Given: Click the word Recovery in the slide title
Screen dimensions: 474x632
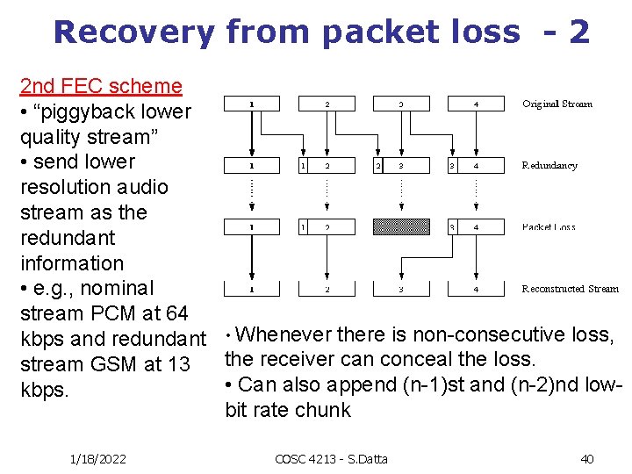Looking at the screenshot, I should pyautogui.click(x=133, y=32).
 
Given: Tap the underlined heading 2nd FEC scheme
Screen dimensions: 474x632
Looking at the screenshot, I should pyautogui.click(x=101, y=86).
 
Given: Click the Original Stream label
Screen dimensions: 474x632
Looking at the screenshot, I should pyautogui.click(x=557, y=104).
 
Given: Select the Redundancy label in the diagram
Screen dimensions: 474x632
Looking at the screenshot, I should pyautogui.click(x=549, y=165).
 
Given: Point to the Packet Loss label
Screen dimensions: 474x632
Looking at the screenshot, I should pyautogui.click(x=549, y=227).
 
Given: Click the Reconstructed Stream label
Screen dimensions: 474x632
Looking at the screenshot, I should pyautogui.click(x=570, y=289).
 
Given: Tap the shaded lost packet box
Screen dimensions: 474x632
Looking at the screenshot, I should pyautogui.click(x=402, y=227).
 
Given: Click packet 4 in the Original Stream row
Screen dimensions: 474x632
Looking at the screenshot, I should pyautogui.click(x=477, y=104).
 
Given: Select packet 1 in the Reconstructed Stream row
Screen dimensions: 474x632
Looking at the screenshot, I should pyautogui.click(x=252, y=289).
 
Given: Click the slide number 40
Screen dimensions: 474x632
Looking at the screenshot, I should pyautogui.click(x=586, y=458).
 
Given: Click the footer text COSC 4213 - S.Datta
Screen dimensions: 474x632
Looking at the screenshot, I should pyautogui.click(x=331, y=458).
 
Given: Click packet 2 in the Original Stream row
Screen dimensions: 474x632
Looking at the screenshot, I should pyautogui.click(x=327, y=104).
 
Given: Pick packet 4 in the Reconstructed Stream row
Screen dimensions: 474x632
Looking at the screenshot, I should pyautogui.click(x=477, y=289).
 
